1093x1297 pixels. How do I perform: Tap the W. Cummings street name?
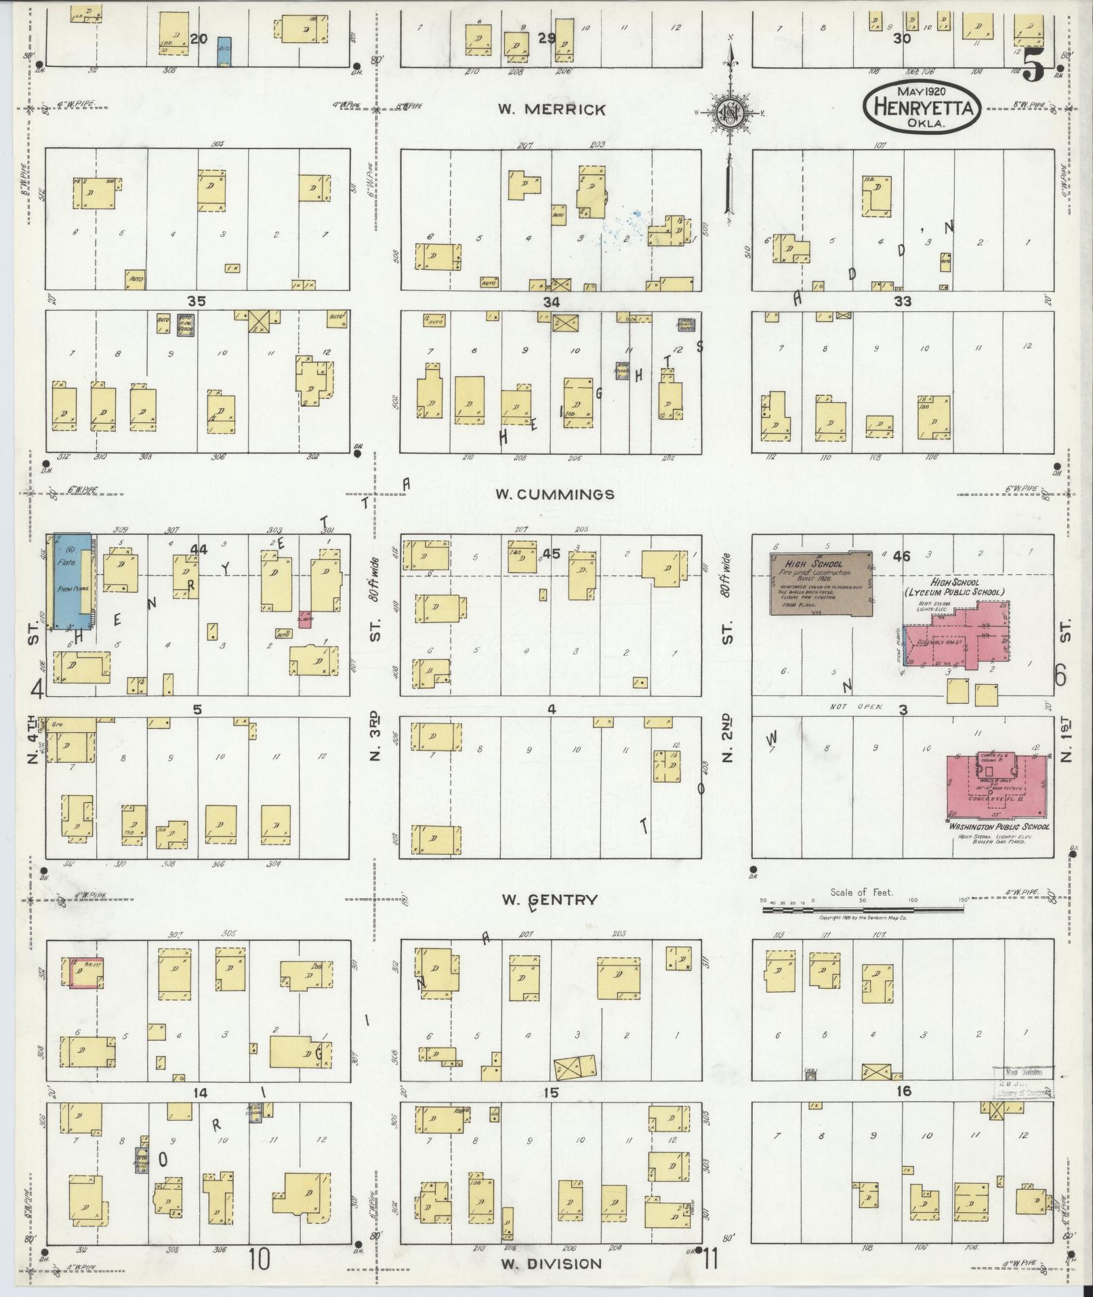[x=555, y=494]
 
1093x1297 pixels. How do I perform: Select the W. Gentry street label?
[x=550, y=900]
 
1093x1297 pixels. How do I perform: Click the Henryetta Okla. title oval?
[x=922, y=107]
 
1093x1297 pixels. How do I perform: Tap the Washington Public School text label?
[x=999, y=827]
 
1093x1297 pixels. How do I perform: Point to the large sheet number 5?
[x=1034, y=66]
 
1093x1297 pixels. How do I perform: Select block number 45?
[x=552, y=554]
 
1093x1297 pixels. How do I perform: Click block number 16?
[x=903, y=1091]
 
